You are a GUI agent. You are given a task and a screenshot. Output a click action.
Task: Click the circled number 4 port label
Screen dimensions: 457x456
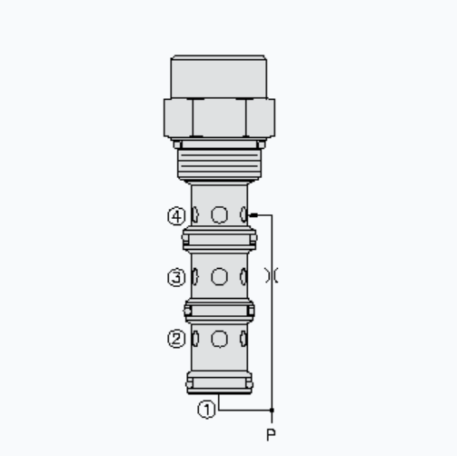[176, 216]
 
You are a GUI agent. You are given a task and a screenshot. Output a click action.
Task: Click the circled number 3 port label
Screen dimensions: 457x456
[176, 278]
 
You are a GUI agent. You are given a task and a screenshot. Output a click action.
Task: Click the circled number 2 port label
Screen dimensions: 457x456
[176, 339]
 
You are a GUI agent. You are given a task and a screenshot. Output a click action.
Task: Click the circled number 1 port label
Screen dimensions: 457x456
[207, 410]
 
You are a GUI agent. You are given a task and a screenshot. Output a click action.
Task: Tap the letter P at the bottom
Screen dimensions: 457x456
[271, 434]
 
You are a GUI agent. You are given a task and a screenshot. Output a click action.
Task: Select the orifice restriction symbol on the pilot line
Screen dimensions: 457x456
[272, 275]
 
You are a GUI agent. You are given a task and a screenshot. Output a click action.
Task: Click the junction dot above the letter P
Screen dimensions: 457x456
[272, 410]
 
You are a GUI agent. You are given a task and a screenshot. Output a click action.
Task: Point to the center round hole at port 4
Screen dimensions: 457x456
[219, 214]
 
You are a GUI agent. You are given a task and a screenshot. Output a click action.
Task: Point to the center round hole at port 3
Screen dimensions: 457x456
[219, 276]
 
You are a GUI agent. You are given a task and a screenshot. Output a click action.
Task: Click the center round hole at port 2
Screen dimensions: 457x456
[219, 339]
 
